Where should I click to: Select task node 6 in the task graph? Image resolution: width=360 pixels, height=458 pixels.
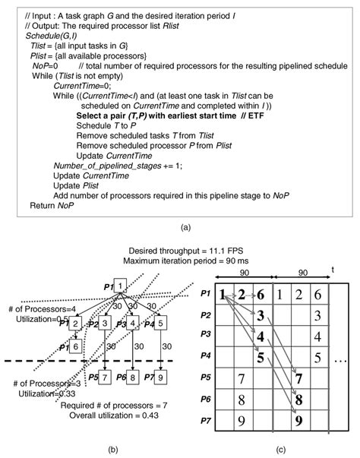76,346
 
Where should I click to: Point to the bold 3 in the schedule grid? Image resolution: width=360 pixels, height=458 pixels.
260,315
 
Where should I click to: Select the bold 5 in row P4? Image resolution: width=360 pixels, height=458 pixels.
260,355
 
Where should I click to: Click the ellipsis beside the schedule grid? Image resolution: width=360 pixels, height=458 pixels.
343,355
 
